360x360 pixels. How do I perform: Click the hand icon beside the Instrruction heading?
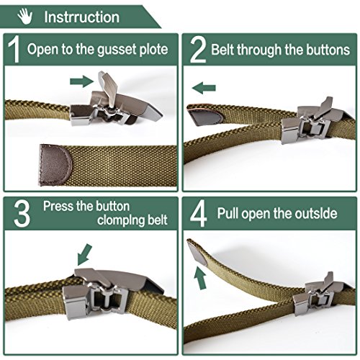click(x=25, y=17)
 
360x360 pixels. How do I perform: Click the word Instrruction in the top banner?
click(x=81, y=17)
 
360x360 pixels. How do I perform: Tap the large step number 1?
click(x=14, y=49)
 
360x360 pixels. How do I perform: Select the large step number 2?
click(x=198, y=50)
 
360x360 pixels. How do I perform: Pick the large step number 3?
click(x=22, y=214)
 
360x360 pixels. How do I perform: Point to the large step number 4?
click(x=198, y=214)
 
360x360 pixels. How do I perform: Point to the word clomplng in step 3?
click(x=120, y=220)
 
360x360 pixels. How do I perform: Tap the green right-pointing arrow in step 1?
click(x=81, y=81)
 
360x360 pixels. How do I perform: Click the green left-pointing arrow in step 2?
click(x=204, y=88)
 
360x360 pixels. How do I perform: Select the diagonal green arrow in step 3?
click(x=84, y=255)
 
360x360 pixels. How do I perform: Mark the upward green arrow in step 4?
click(x=200, y=277)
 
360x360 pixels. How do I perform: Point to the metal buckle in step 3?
click(x=108, y=292)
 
